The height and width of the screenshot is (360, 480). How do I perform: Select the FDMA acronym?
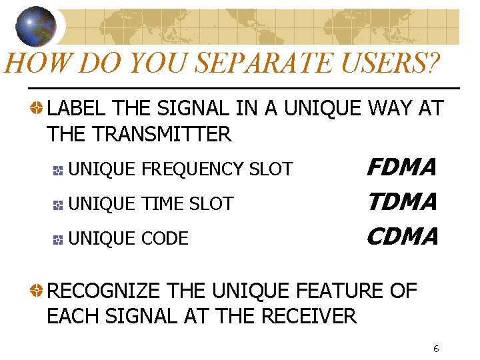pos(402,167)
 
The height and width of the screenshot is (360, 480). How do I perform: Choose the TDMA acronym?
pos(402,201)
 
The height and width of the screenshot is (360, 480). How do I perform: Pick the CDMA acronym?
pos(402,236)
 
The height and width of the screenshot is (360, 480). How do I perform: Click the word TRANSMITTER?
pos(162,134)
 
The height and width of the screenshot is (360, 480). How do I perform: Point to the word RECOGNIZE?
pos(103,291)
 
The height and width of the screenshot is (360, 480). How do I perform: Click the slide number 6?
pos(435,349)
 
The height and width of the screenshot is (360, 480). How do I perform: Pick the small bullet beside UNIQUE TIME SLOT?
pos(59,204)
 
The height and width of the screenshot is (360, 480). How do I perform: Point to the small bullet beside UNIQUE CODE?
pos(59,239)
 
